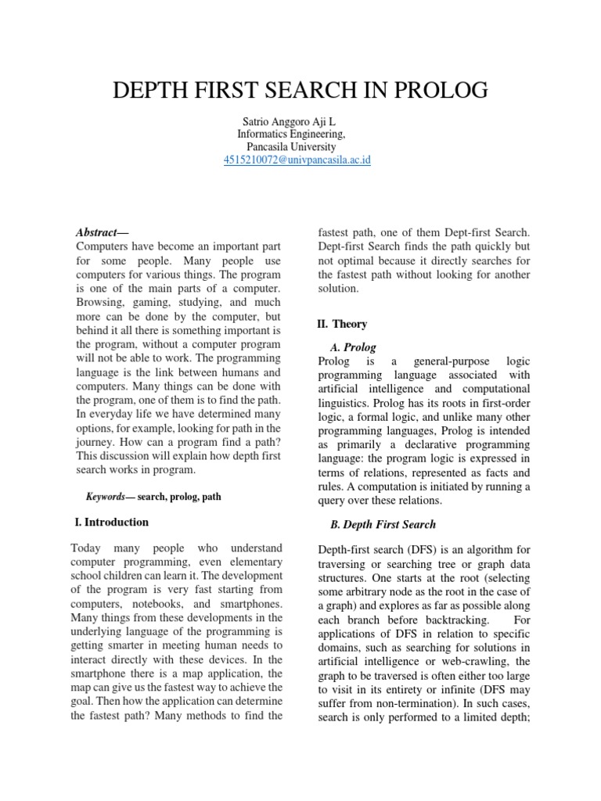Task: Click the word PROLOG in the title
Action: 439,91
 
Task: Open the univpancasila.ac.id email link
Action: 297,160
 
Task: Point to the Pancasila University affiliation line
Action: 291,147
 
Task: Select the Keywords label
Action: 105,497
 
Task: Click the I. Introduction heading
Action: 110,522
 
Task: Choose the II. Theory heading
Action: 341,324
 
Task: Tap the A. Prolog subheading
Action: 353,347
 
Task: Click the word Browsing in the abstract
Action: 99,304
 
